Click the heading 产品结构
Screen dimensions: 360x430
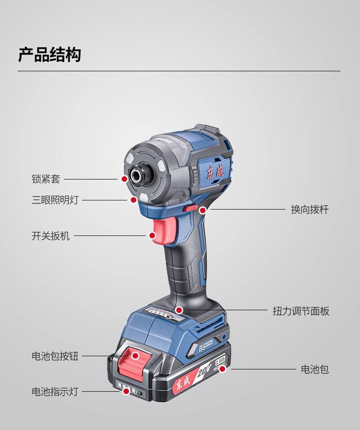(49, 54)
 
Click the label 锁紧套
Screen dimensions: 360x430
(46, 179)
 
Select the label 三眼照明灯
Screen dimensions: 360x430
(55, 200)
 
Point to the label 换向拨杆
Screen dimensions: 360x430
(310, 210)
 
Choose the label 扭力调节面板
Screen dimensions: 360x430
(301, 311)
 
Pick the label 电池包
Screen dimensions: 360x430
(315, 369)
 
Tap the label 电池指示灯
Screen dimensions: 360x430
(55, 391)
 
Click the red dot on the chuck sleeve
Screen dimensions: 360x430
(124, 179)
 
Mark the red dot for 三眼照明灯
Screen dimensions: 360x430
(134, 200)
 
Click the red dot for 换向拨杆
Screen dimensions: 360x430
(203, 210)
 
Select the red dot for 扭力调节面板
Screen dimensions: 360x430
(180, 311)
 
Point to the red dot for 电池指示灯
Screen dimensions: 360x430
(126, 391)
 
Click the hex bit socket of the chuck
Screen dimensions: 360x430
(137, 175)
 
